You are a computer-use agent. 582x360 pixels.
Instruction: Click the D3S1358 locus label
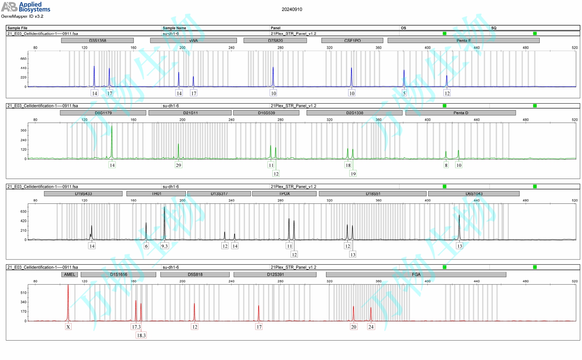(98, 40)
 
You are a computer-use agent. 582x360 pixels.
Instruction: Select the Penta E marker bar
(463, 40)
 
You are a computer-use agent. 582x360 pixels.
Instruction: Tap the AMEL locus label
(70, 274)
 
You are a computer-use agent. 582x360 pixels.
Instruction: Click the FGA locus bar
(416, 274)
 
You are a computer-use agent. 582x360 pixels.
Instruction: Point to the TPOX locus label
(284, 194)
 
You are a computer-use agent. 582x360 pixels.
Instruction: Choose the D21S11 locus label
(190, 113)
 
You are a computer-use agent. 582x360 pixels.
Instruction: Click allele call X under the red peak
(68, 326)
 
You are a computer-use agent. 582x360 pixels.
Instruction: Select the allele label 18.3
(141, 335)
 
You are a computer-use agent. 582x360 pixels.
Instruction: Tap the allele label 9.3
(165, 246)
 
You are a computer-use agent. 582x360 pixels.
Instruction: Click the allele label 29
(178, 165)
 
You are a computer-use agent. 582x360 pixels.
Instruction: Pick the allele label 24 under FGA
(371, 326)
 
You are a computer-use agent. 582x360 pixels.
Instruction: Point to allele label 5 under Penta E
(404, 93)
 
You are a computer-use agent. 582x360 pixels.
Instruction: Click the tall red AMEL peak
(68, 301)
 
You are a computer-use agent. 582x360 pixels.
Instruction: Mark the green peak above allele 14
(112, 141)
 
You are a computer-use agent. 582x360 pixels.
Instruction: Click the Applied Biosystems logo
(26, 7)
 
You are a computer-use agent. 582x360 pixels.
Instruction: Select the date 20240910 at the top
(292, 10)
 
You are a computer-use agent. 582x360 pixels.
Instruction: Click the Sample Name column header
(174, 28)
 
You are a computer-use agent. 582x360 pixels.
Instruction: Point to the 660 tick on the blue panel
(24, 59)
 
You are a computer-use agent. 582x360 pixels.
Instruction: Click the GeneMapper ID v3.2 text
(22, 16)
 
